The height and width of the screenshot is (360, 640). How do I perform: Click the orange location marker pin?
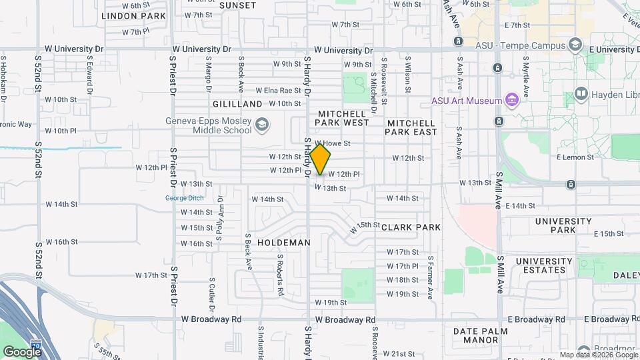(x=321, y=159)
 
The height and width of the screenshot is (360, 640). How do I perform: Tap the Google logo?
(x=22, y=351)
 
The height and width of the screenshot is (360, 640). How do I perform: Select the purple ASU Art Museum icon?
(x=512, y=101)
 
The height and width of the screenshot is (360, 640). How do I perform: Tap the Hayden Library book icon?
(x=581, y=95)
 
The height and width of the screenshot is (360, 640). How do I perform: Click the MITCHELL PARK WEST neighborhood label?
(x=342, y=119)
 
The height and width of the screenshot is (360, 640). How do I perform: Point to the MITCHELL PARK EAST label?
(x=411, y=127)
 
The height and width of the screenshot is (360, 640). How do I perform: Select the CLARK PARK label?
(x=411, y=227)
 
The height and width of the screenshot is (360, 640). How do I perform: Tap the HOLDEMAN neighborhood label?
(x=284, y=243)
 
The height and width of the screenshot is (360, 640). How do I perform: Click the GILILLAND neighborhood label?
(x=237, y=105)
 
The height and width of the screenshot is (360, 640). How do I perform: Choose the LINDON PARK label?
(x=133, y=15)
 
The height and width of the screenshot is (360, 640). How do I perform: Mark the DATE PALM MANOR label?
(x=485, y=335)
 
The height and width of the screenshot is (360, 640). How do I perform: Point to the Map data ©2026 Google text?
(x=597, y=355)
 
